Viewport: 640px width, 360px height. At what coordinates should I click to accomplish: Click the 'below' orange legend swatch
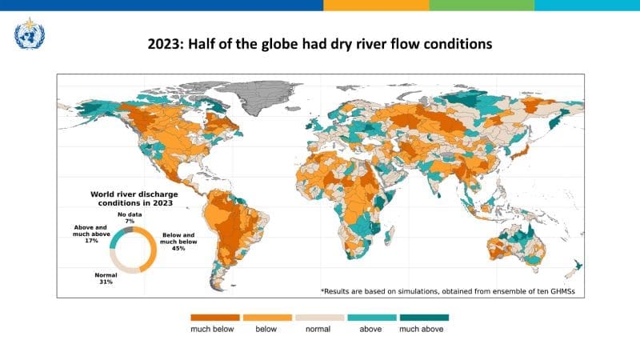click(268, 317)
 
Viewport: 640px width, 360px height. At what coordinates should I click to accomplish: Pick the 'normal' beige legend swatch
click(320, 317)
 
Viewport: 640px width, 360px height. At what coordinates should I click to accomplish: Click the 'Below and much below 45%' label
click(178, 242)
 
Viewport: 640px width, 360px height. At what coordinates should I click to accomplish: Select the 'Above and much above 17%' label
click(86, 234)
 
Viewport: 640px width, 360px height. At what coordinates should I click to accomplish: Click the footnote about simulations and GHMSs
click(447, 290)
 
